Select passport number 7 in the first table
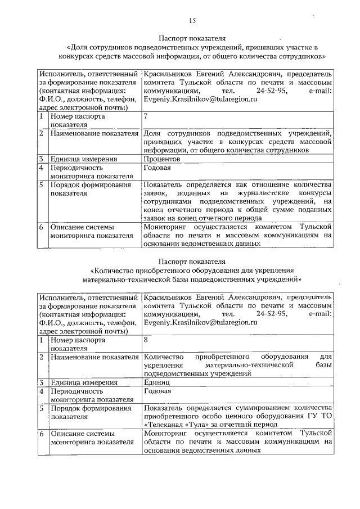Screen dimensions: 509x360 (146, 116)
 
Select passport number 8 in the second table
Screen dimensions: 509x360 (146, 340)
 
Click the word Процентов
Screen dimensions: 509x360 (162, 159)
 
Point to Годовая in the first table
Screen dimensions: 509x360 (157, 168)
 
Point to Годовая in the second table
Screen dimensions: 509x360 (157, 391)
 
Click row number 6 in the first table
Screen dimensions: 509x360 (42, 228)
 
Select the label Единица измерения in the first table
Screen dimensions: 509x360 (83, 159)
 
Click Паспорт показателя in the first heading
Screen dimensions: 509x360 (192, 38)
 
